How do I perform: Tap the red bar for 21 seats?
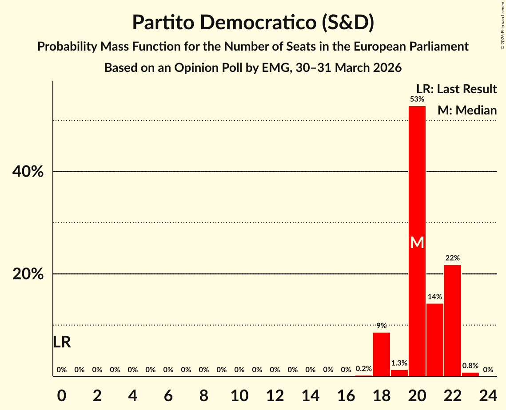(x=435, y=340)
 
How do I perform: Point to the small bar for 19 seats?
(x=399, y=373)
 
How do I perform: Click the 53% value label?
(x=417, y=99)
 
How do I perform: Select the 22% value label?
(x=453, y=258)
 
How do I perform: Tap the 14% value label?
(x=435, y=296)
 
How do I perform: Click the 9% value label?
(x=382, y=325)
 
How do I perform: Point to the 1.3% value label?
(x=399, y=363)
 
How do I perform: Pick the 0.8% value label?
(x=470, y=366)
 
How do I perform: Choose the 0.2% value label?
(x=364, y=369)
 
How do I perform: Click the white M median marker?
(x=417, y=242)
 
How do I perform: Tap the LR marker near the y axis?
(x=62, y=342)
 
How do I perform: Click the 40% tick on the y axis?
(x=28, y=172)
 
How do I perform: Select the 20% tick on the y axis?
(x=28, y=274)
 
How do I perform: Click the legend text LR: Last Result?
(x=456, y=89)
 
